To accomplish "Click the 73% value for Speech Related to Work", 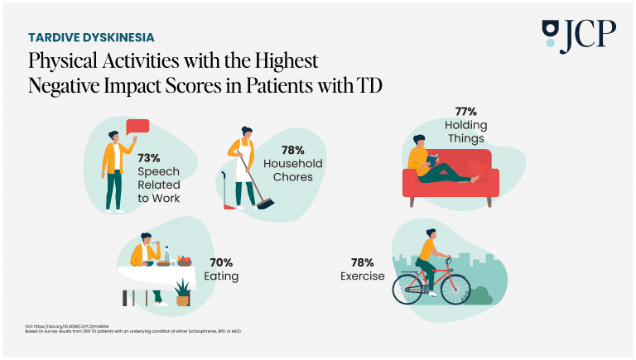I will tap(151, 157).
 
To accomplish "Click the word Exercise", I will tap(362, 276).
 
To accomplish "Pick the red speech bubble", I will tap(137, 127).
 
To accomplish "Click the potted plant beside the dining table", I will tap(183, 292).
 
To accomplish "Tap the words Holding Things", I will tap(469, 132).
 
